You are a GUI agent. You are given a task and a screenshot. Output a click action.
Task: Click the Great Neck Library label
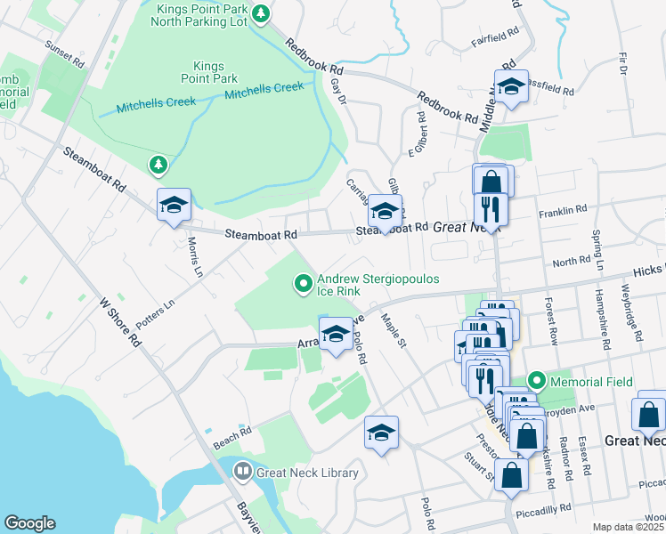point(306,473)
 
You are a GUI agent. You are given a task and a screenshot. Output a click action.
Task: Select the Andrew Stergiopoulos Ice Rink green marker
point(304,285)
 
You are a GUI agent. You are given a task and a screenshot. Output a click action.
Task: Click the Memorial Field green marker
point(536,380)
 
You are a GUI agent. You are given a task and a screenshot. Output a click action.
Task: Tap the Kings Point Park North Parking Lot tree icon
point(260,12)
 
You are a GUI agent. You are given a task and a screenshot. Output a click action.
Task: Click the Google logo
point(28,523)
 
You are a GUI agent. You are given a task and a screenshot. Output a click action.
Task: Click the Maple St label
point(393,329)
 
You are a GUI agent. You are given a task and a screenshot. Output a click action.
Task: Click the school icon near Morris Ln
point(174,206)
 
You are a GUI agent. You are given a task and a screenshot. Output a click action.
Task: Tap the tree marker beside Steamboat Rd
point(158,165)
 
